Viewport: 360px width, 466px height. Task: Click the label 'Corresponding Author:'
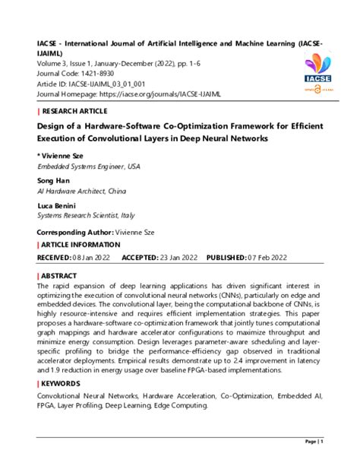(x=74, y=231)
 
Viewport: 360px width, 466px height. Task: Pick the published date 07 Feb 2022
(x=267, y=258)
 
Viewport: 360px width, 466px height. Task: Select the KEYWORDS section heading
(x=62, y=384)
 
